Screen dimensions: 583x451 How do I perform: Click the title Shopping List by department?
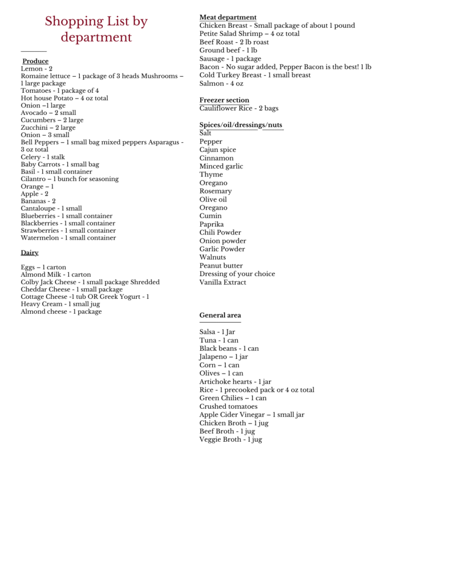point(96,30)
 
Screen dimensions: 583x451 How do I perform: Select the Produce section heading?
point(35,61)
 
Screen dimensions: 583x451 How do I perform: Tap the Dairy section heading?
point(30,252)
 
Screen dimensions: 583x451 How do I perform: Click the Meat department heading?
point(227,17)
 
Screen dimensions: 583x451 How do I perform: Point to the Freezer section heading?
point(224,100)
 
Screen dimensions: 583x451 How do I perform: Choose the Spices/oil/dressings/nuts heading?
point(240,125)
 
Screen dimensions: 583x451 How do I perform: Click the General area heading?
point(220,315)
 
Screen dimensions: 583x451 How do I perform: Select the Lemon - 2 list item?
point(36,68)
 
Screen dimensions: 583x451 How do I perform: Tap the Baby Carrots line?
point(60,164)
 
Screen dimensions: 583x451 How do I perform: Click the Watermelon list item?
point(68,238)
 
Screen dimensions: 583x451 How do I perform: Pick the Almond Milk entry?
point(55,274)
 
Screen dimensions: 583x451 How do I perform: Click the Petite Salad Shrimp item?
point(249,34)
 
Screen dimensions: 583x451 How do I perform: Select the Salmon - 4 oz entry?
point(221,84)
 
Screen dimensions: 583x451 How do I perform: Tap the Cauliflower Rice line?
point(238,108)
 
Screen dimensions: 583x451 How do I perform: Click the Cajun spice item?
point(217,150)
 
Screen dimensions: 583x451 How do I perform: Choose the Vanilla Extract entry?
point(222,282)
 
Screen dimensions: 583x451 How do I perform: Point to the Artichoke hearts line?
point(235,381)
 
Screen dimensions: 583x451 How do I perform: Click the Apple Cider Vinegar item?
point(251,414)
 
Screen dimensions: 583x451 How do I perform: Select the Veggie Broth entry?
point(230,440)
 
